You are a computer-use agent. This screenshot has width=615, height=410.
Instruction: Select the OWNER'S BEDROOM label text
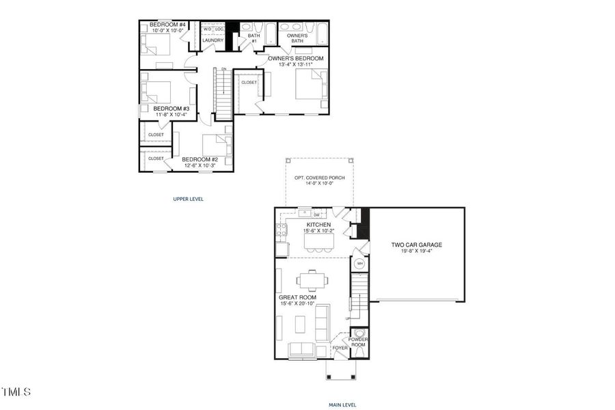295,59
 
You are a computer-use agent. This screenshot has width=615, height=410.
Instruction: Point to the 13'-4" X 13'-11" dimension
295,66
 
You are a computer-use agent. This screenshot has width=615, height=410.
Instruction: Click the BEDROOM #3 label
167,109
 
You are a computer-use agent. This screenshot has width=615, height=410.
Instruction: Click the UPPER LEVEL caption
188,200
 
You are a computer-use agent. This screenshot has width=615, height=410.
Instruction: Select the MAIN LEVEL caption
342,405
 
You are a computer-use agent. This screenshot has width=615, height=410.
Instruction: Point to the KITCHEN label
318,224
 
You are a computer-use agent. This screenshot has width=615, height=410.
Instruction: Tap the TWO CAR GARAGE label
417,244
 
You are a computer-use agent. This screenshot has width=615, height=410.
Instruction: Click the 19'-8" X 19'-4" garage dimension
417,251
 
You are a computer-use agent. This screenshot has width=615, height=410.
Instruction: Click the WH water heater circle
359,263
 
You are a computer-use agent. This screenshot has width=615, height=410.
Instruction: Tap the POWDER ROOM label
358,342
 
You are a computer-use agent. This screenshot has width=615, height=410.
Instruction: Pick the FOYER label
340,348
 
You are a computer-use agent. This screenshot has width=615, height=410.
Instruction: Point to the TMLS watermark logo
16,392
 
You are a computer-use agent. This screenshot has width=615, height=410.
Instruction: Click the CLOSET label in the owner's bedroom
249,82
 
